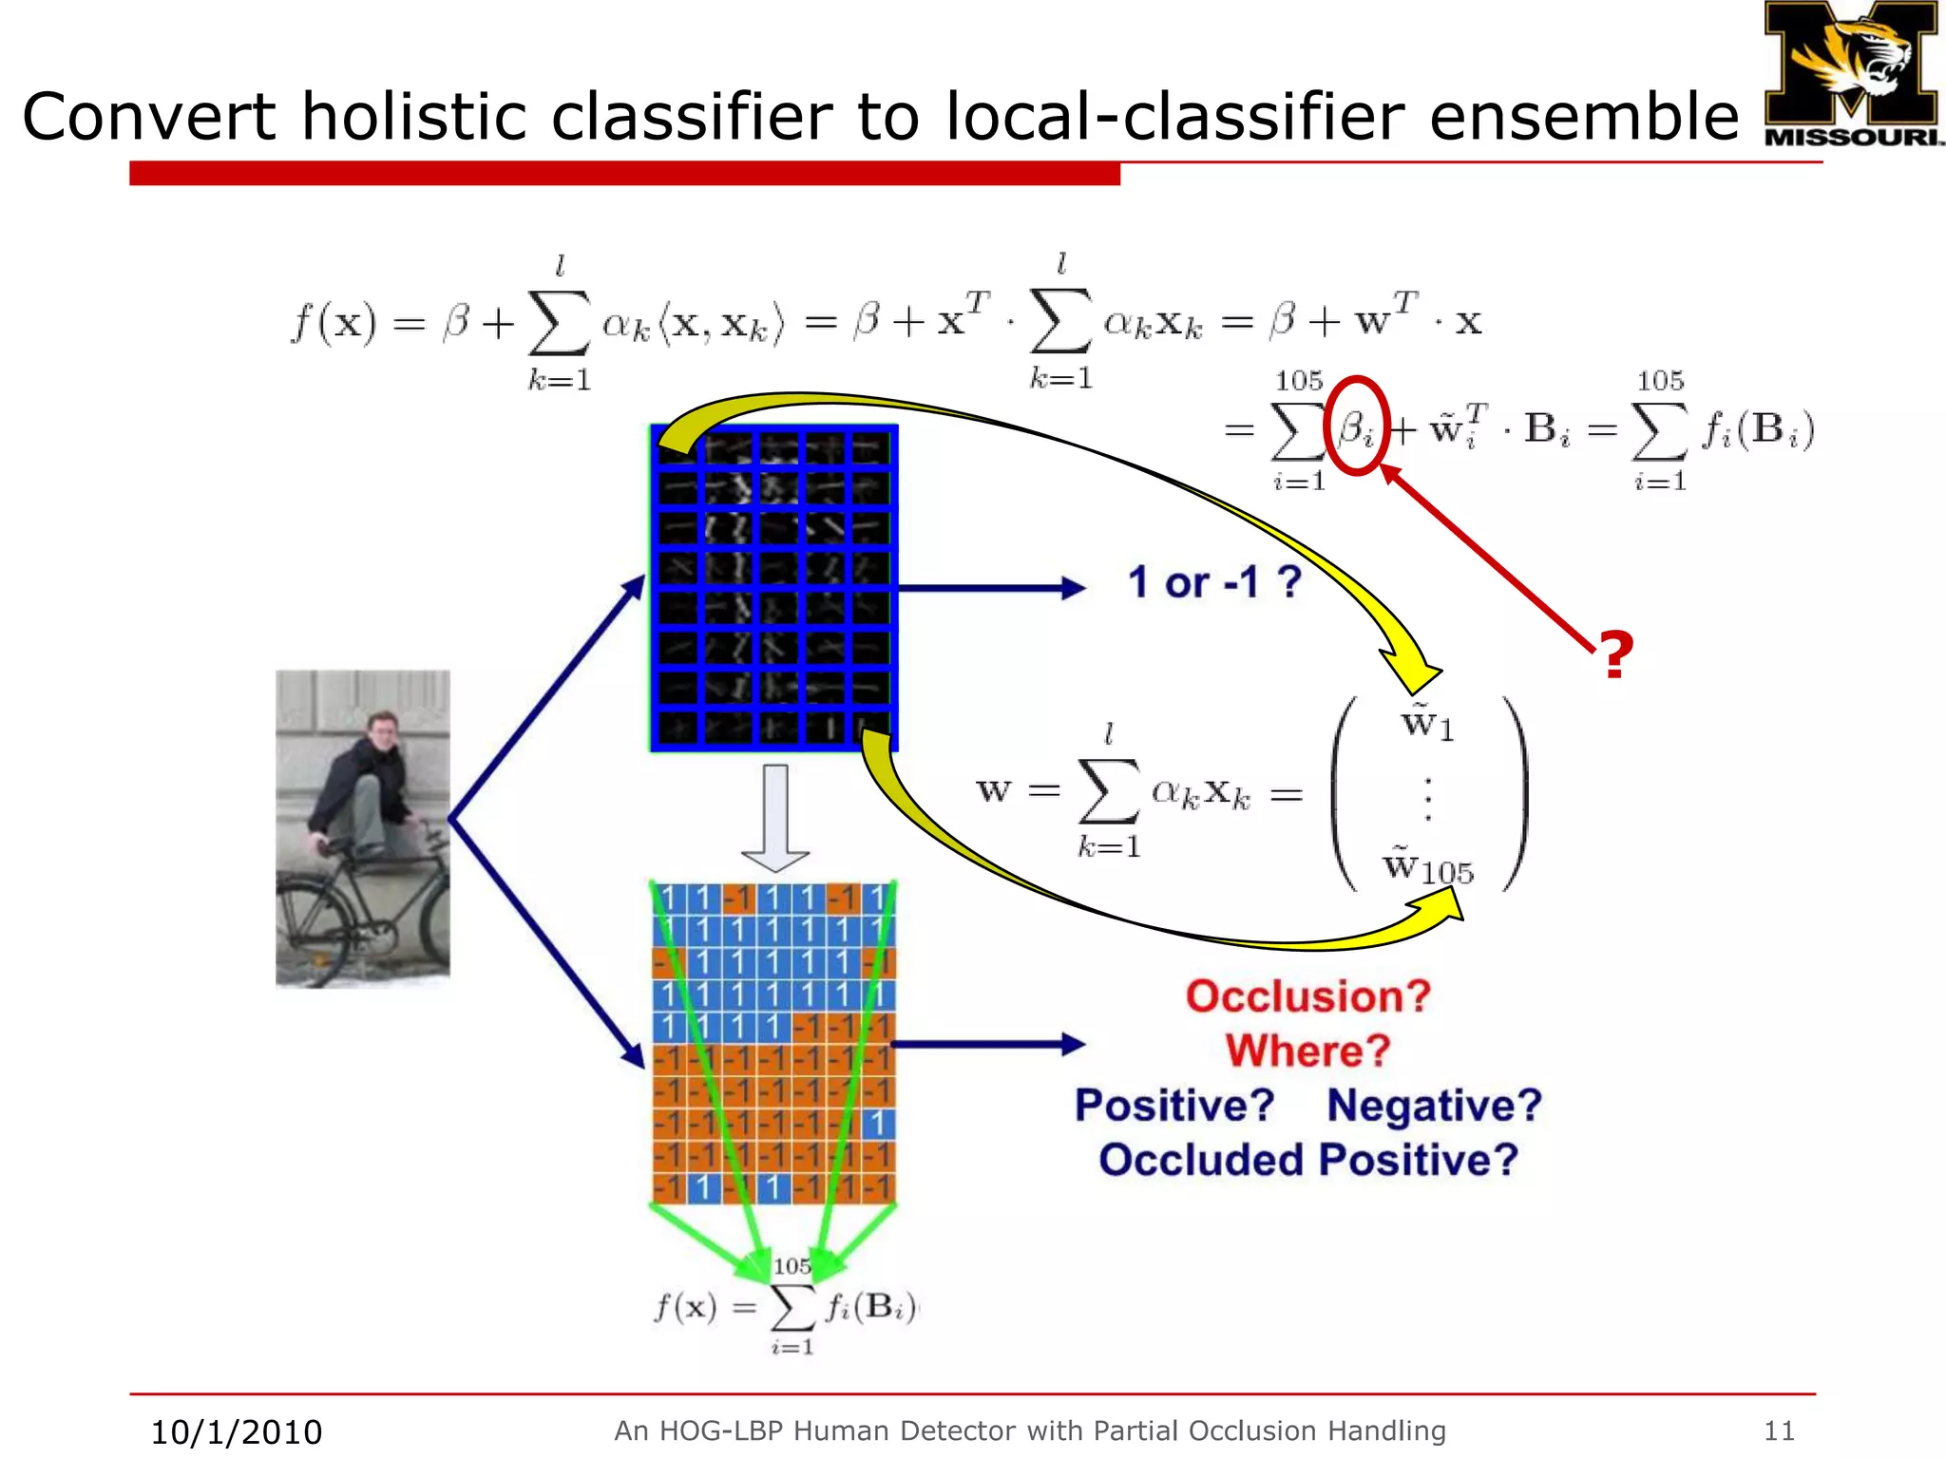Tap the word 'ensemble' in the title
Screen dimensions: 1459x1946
[1583, 117]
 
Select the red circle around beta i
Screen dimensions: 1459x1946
[1356, 426]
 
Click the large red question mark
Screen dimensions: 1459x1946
[1614, 655]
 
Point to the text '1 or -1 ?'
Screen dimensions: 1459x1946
[1213, 581]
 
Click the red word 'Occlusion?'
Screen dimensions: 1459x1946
[1307, 996]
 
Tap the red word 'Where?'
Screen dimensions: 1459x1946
[1307, 1051]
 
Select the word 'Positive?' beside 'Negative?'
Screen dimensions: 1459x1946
[1174, 1106]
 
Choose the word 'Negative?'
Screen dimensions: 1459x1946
[1434, 1106]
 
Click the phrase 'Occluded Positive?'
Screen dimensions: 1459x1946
[1307, 1160]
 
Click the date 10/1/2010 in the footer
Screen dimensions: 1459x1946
[237, 1431]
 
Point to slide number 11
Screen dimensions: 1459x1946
[1779, 1431]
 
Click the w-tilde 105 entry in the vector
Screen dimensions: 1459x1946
[1427, 866]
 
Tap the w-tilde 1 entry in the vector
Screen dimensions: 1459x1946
[1427, 725]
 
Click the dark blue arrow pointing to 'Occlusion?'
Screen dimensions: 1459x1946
[988, 1045]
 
